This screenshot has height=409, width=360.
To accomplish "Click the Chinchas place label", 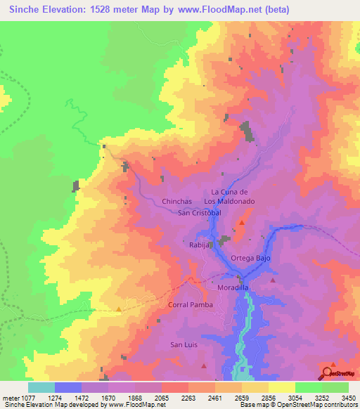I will click(x=177, y=201).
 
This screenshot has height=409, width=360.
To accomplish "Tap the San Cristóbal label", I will click(x=200, y=212).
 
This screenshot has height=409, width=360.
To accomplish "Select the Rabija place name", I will click(x=200, y=245).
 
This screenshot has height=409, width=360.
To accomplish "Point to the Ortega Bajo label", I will click(x=252, y=259).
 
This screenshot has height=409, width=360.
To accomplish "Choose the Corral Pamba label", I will click(x=189, y=305).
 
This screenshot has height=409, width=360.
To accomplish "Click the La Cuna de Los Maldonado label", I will click(x=238, y=196).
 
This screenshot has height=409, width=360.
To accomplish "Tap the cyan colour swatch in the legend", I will click(x=41, y=387).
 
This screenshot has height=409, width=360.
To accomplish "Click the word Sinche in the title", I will click(x=27, y=10).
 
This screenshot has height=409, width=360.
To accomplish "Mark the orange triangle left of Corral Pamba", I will click(x=119, y=309).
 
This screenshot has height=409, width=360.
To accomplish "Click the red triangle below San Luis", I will click(x=204, y=366).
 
